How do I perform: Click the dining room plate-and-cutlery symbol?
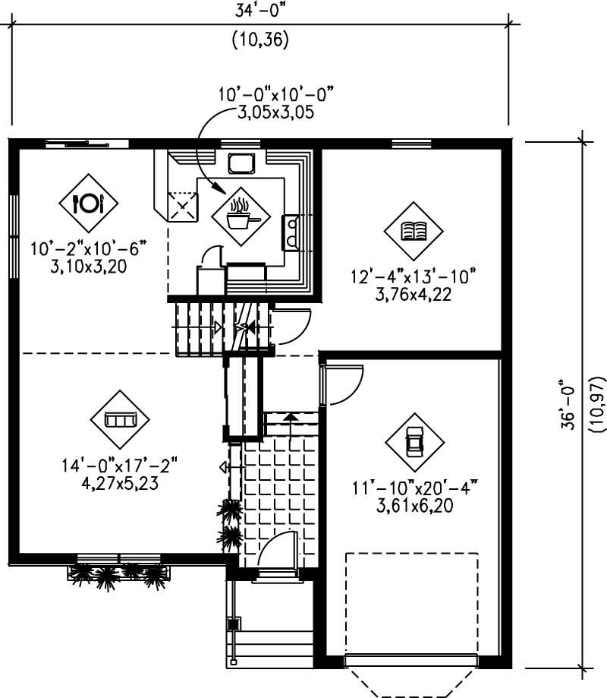pos(89,204)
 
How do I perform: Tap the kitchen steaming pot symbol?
pos(241,216)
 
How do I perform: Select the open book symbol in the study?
pos(414,231)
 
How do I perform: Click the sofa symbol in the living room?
pos(120,419)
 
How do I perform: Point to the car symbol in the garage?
pos(414,442)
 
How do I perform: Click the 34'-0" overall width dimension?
pos(260,11)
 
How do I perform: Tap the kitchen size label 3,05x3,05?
pos(275,112)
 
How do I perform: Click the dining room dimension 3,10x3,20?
pos(89,266)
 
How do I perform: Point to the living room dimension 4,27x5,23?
pos(120,484)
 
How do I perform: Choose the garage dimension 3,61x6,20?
pos(415,506)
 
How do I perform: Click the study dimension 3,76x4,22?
pos(414,294)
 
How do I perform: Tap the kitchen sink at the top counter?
pos(242,163)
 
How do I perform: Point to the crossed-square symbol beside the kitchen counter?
pos(182,206)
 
